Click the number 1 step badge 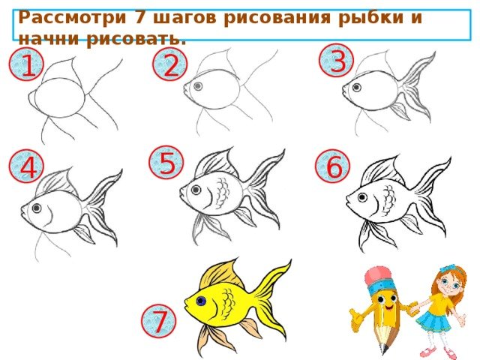26,64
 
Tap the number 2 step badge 170,64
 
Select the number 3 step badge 337,60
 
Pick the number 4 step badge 27,166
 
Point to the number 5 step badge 166,162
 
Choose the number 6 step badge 333,166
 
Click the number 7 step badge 158,321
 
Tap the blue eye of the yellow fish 201,301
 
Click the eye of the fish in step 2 198,86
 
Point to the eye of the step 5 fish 196,190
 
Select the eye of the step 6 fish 362,197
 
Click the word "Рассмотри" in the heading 72,17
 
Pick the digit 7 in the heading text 140,17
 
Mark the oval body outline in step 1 59,97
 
